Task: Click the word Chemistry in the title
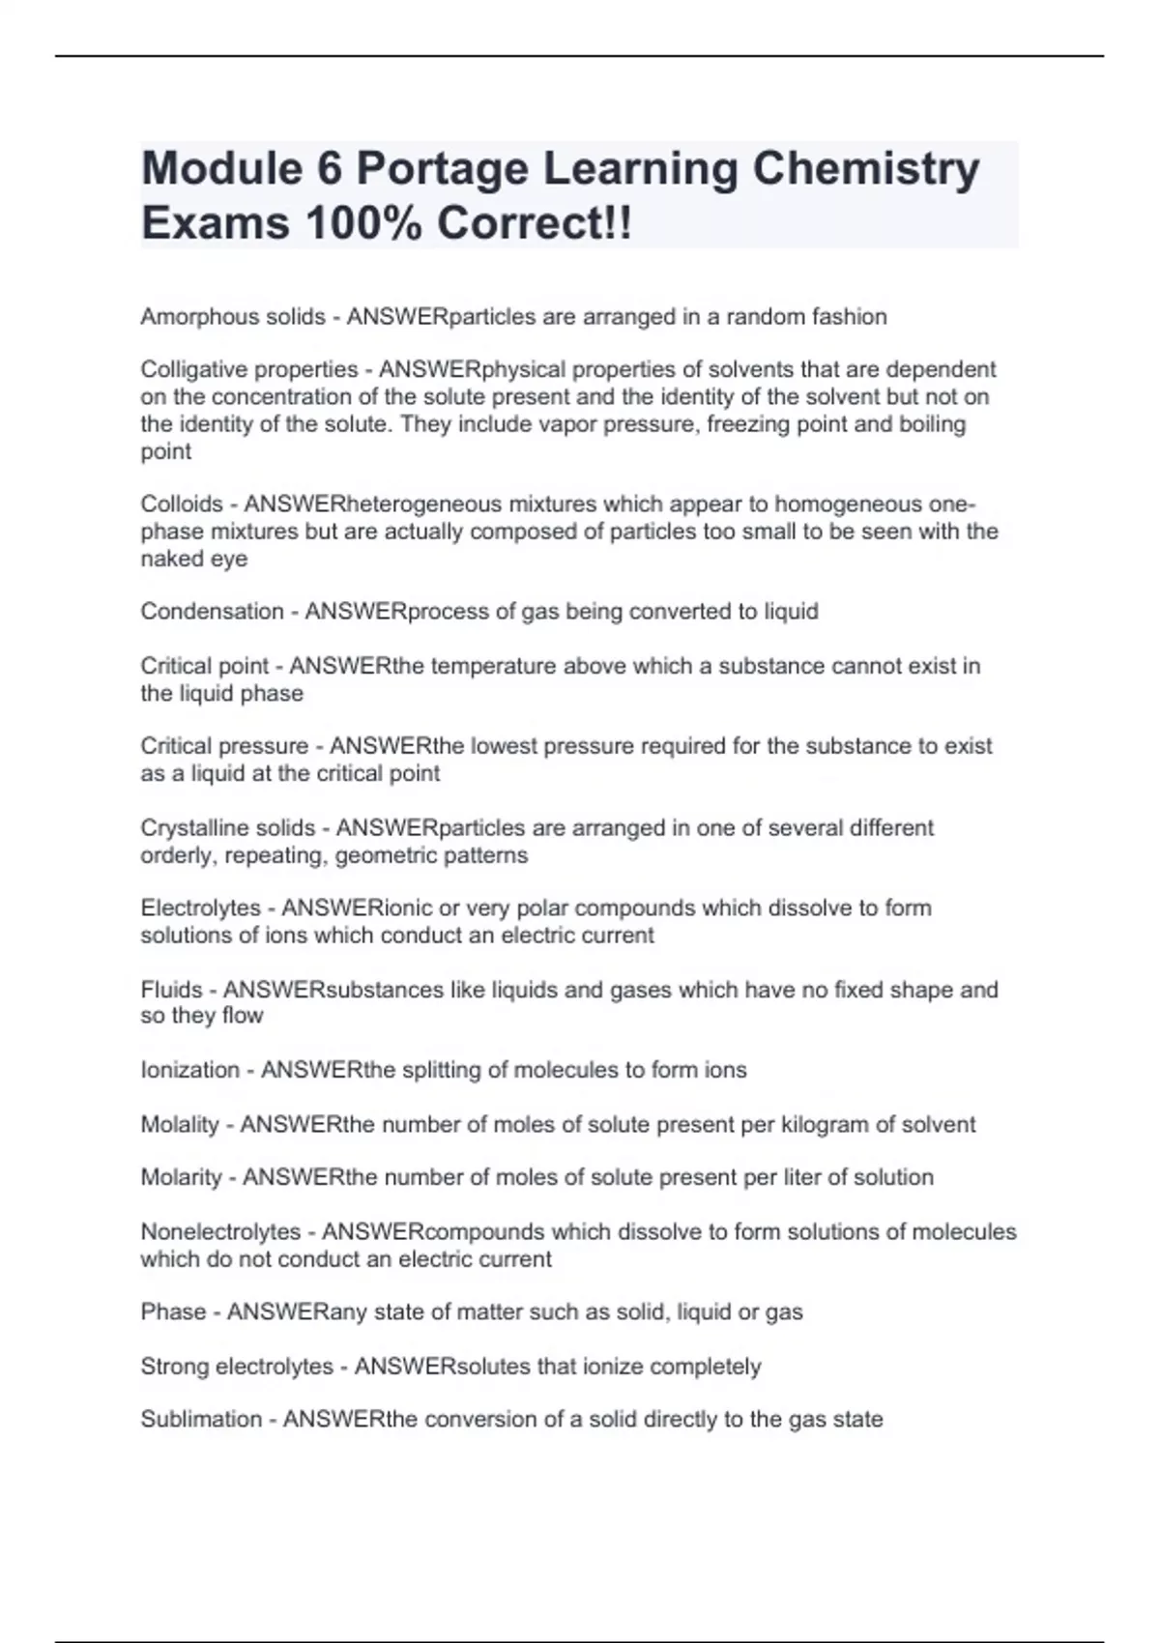pyautogui.click(x=865, y=169)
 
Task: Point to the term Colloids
pyautogui.click(x=182, y=504)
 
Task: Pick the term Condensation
pyautogui.click(x=212, y=611)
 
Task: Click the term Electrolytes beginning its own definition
pyautogui.click(x=201, y=908)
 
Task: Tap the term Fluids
pyautogui.click(x=171, y=989)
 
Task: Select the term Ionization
pyautogui.click(x=189, y=1070)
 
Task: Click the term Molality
pyautogui.click(x=180, y=1124)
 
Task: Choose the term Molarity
pyautogui.click(x=181, y=1177)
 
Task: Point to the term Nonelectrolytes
pyautogui.click(x=220, y=1231)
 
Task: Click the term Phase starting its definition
pyautogui.click(x=173, y=1312)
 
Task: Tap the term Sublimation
pyautogui.click(x=201, y=1419)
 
